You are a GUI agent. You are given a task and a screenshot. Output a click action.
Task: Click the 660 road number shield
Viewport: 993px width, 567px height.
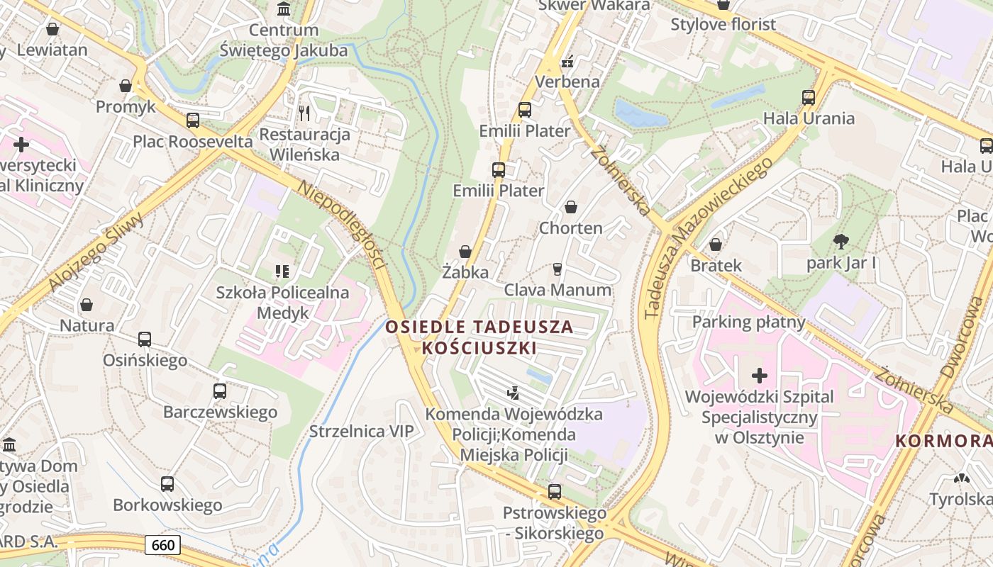[x=163, y=545]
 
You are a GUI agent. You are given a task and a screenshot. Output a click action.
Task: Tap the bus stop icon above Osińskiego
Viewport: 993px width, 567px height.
[x=145, y=339]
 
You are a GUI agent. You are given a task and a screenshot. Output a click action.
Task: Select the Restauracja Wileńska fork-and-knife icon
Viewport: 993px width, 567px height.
[x=304, y=113]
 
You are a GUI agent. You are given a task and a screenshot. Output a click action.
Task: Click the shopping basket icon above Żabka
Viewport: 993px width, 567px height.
[x=465, y=252]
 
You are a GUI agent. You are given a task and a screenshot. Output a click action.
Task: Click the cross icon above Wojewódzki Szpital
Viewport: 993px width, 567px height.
[x=760, y=376]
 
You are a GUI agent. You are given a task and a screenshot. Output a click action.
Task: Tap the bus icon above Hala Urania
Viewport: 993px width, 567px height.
[x=809, y=98]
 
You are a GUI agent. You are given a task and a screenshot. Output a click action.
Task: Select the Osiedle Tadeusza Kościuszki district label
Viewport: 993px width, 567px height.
[x=479, y=337]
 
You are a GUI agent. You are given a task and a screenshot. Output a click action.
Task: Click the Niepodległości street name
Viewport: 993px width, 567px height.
[x=343, y=225]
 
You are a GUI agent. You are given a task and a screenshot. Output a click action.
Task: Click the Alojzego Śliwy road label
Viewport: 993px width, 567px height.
[x=96, y=252]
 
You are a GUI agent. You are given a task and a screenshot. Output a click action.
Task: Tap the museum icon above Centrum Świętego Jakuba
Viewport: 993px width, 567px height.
[x=284, y=9]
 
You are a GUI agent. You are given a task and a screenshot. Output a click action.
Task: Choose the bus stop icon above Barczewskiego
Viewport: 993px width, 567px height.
[x=220, y=391]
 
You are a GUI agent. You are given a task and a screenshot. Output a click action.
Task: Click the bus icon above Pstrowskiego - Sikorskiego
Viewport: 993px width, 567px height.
[x=555, y=492]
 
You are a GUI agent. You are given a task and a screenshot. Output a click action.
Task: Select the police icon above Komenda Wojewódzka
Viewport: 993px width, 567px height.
[x=513, y=392]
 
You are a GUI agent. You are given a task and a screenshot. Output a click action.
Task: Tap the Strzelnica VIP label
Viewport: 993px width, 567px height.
[x=361, y=432]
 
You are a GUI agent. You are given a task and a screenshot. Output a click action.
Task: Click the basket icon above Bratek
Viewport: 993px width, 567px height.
[x=716, y=245]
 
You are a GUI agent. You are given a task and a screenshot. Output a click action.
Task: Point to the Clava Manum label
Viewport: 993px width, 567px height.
[x=557, y=290]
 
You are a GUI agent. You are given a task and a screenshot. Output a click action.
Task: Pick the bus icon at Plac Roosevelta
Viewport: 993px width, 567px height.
[x=193, y=120]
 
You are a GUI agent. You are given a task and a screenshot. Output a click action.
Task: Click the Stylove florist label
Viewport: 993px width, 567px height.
[x=723, y=25]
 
